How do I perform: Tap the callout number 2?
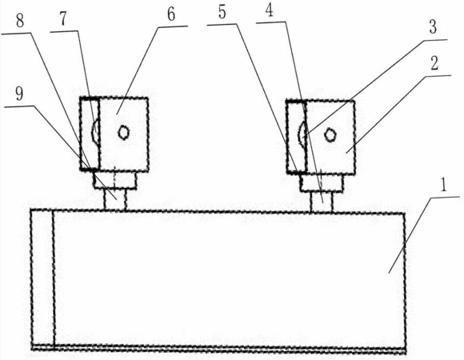click(x=434, y=63)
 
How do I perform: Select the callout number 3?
click(x=433, y=27)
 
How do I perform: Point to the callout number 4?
click(x=270, y=10)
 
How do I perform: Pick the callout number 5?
click(x=222, y=13)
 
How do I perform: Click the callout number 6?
click(x=171, y=14)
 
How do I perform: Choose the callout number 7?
click(x=64, y=19)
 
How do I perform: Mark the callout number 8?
click(x=20, y=22)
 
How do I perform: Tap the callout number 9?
click(x=19, y=94)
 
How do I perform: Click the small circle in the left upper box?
click(x=123, y=133)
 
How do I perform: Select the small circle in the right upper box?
click(x=330, y=135)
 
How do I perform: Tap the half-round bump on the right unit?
click(x=302, y=134)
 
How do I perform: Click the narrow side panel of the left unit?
click(x=90, y=134)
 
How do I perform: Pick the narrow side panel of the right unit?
click(x=296, y=137)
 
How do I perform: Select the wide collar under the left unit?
click(x=115, y=180)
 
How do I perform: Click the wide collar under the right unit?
click(x=322, y=183)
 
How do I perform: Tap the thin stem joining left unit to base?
click(x=115, y=199)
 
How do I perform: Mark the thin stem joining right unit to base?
click(x=322, y=202)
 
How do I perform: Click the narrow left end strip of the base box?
click(x=42, y=278)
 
